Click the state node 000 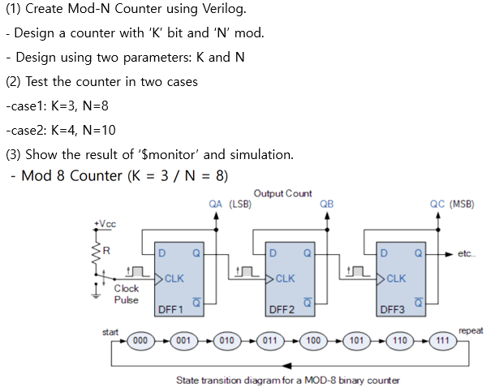[x=140, y=341]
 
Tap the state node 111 [x=441, y=341]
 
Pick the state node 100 [x=313, y=341]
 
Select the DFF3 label [x=392, y=309]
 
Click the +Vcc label [x=105, y=224]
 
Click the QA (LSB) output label [x=230, y=205]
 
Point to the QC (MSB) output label [x=452, y=205]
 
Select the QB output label [x=327, y=205]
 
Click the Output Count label [x=282, y=194]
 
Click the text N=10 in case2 [x=99, y=130]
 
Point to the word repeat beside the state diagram [x=471, y=331]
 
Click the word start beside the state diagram [x=110, y=331]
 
